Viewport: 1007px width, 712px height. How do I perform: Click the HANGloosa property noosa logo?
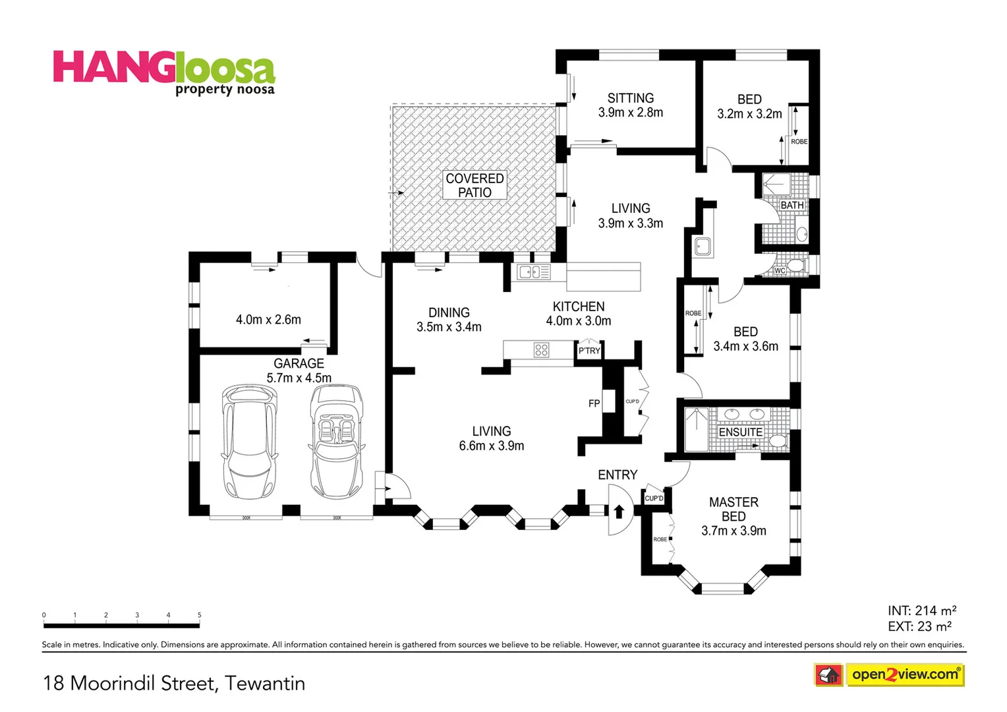tap(163, 73)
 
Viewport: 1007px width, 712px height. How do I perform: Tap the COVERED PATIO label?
tap(475, 185)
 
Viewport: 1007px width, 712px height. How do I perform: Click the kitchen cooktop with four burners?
tap(541, 349)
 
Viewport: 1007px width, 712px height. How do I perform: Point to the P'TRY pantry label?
tap(589, 351)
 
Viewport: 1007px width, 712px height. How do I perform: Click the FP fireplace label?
tap(594, 403)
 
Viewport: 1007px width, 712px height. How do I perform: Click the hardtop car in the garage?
tap(250, 442)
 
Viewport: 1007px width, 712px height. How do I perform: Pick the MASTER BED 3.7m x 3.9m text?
tap(734, 516)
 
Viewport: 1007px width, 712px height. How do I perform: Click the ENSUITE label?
tap(740, 432)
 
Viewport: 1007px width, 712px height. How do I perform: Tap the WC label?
tap(780, 270)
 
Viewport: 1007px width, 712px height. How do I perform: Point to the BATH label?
tap(792, 205)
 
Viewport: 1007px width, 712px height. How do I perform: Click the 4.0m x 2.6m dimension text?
tap(268, 320)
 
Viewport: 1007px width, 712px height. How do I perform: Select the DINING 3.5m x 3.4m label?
tap(449, 320)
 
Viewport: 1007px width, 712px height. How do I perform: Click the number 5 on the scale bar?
tap(199, 615)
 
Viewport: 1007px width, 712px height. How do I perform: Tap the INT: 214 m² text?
tap(921, 610)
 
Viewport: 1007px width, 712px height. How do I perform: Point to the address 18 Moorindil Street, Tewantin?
tap(174, 683)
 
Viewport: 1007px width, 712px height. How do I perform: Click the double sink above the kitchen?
tap(533, 271)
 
